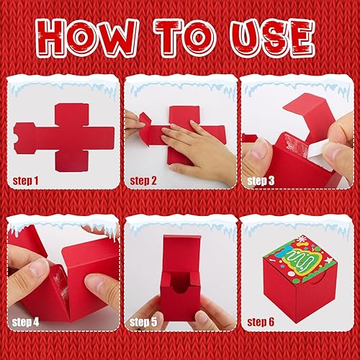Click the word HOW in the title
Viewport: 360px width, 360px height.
[87, 37]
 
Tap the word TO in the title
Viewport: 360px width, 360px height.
[185, 37]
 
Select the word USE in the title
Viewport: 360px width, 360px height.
[272, 37]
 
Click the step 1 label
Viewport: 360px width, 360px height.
[25, 181]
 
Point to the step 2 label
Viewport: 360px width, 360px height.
[143, 181]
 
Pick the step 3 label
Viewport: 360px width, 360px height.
[261, 181]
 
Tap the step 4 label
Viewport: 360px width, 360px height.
[25, 322]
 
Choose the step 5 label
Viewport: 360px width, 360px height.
[143, 322]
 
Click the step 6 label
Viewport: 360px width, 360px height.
[261, 322]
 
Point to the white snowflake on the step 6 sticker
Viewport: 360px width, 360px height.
[300, 239]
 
